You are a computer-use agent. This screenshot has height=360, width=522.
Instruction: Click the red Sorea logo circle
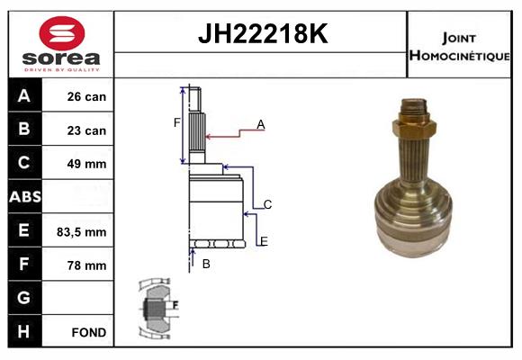click(x=62, y=33)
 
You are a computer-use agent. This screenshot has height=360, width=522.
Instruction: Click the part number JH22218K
click(x=263, y=33)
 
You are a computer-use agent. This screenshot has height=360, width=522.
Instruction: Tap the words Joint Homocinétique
click(x=459, y=47)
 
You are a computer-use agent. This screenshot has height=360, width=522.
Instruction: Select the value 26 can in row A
click(x=86, y=96)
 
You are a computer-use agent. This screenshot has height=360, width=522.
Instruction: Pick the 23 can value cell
click(x=86, y=130)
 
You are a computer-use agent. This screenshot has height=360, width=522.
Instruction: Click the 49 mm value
click(x=86, y=164)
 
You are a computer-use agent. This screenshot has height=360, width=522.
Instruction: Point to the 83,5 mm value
click(x=82, y=232)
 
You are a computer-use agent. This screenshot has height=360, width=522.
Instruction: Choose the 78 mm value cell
click(x=86, y=265)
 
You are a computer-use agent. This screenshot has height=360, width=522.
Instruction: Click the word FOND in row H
click(x=89, y=332)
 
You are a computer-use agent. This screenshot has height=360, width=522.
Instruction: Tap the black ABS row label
click(x=25, y=196)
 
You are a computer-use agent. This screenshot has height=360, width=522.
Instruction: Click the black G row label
click(x=25, y=298)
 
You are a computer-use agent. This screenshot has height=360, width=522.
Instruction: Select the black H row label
click(x=25, y=331)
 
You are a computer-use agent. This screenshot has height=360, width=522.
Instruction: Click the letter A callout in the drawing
click(x=261, y=124)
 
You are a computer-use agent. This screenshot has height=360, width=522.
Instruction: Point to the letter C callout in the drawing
click(x=267, y=204)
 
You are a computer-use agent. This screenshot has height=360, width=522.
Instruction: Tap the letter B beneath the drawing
click(x=206, y=264)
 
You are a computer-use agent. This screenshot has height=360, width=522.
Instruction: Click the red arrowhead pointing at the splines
click(x=209, y=137)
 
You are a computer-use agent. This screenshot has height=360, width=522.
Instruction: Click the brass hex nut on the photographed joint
click(x=414, y=128)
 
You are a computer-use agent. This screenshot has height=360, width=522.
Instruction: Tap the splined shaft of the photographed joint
click(x=414, y=159)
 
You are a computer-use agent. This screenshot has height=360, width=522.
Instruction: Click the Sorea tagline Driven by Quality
click(x=62, y=69)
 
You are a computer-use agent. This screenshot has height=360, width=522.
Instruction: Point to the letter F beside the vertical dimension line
click(x=177, y=123)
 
